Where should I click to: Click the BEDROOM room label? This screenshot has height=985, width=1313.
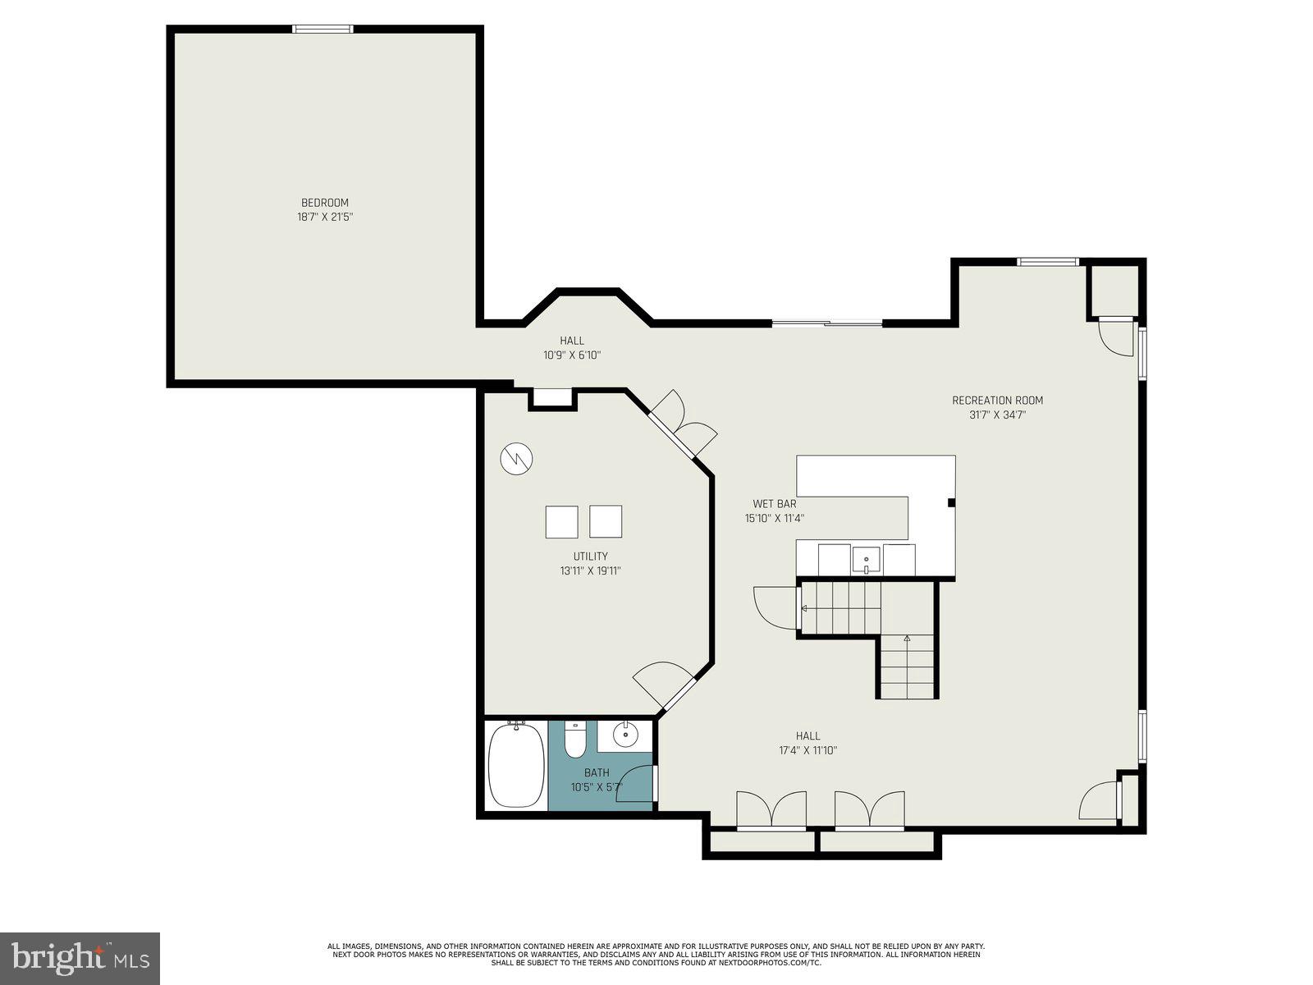(324, 203)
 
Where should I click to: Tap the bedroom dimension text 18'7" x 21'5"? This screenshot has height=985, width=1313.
(324, 218)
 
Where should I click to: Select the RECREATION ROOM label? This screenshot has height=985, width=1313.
(997, 401)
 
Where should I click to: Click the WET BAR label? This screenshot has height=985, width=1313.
(774, 504)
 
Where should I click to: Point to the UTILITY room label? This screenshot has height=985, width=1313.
(590, 557)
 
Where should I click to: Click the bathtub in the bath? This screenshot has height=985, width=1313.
(516, 766)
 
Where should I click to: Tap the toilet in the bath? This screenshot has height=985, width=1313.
(575, 741)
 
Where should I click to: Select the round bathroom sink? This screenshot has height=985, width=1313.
(625, 734)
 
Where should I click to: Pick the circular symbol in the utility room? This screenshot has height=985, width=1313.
(516, 459)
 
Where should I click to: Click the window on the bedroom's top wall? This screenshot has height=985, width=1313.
(323, 30)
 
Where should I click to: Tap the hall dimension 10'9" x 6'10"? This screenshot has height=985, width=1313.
(572, 355)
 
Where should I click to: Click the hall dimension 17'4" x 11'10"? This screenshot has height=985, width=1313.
(807, 750)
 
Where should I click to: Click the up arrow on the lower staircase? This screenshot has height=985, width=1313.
(907, 638)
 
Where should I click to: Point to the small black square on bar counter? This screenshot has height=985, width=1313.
(951, 502)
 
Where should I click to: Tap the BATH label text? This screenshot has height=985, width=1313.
(597, 772)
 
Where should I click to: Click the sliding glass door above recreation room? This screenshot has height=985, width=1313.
(826, 323)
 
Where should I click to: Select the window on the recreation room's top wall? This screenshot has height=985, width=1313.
(1047, 262)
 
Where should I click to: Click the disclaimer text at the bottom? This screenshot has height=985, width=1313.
(656, 954)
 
